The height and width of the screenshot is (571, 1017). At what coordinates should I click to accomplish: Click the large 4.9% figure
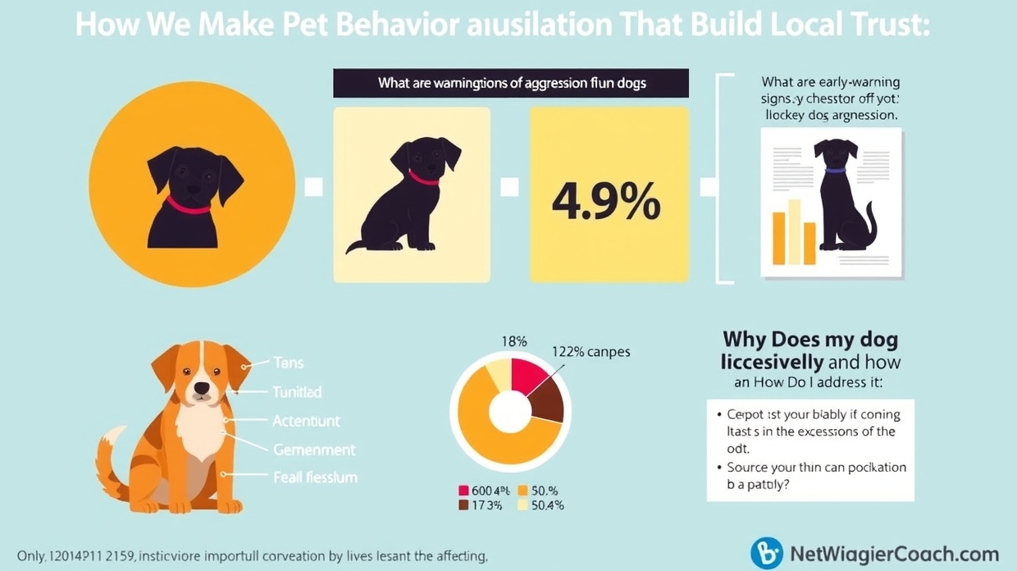click(x=606, y=200)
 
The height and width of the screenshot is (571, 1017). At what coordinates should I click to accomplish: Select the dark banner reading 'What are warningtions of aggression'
click(x=510, y=84)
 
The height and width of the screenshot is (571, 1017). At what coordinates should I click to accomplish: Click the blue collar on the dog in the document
click(x=835, y=170)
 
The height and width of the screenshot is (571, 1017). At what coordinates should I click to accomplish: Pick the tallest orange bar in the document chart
click(x=794, y=231)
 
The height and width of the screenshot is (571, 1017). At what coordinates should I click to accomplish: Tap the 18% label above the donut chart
click(x=513, y=341)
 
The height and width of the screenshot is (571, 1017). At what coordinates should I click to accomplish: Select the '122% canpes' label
click(x=591, y=352)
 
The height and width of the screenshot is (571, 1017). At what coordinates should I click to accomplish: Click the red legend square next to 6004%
click(x=463, y=491)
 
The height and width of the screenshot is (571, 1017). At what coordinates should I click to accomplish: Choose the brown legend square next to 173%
click(x=463, y=505)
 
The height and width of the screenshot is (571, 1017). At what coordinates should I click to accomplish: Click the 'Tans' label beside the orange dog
click(x=288, y=363)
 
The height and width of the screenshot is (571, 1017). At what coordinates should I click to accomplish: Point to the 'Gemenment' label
click(x=314, y=450)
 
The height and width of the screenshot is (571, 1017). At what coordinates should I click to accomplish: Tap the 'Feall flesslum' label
click(x=315, y=477)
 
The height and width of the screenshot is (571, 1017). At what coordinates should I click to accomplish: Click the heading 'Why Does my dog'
click(x=809, y=340)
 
